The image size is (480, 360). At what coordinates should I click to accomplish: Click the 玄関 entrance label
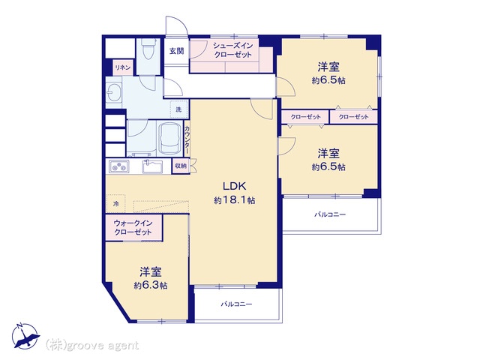click(177, 51)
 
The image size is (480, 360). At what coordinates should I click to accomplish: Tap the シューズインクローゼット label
click(233, 50)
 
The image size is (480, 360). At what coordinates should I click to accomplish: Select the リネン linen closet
click(123, 67)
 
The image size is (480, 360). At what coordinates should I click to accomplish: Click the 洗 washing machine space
click(178, 109)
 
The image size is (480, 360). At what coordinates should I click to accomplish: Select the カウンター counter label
click(187, 139)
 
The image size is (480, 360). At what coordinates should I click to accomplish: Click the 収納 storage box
click(181, 166)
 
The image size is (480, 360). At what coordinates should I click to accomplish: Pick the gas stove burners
click(118, 166)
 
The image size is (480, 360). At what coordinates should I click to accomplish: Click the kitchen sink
click(152, 166)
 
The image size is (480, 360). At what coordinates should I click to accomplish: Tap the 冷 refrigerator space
click(115, 203)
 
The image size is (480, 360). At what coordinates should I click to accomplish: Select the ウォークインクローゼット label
click(133, 227)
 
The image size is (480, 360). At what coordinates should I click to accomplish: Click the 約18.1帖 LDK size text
click(234, 200)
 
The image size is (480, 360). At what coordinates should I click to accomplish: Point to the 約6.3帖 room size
click(150, 285)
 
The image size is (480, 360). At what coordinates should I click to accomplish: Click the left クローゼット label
click(305, 117)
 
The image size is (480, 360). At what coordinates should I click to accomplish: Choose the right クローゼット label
click(353, 117)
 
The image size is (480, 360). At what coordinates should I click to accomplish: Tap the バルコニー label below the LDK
click(237, 304)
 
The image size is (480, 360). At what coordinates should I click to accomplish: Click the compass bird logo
click(25, 336)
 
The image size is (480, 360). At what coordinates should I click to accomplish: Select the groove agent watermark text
click(92, 345)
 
